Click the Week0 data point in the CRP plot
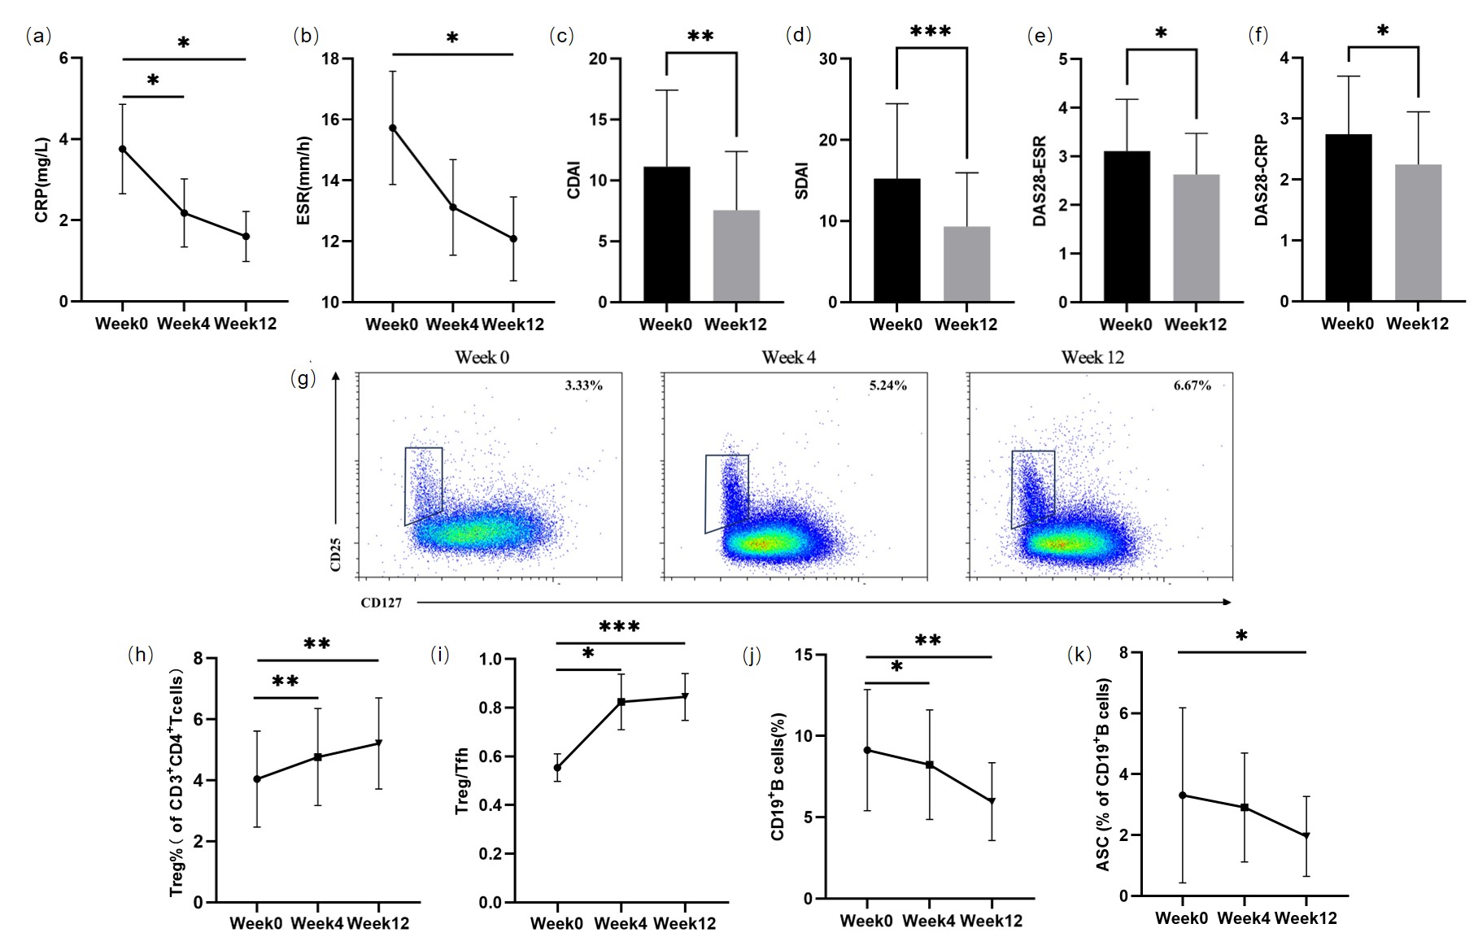(123, 149)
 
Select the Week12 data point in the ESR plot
(514, 238)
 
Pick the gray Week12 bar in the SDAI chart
(966, 264)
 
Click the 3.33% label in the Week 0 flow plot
(583, 386)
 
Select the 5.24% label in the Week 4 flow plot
(887, 386)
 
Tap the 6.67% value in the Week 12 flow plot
(1192, 386)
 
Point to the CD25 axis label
(336, 555)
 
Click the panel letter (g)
(303, 379)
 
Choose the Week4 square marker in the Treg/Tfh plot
(621, 701)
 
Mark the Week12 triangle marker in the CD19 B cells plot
(992, 801)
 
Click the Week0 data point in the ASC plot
(1182, 795)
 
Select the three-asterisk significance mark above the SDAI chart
(931, 32)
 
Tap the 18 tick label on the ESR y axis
(330, 59)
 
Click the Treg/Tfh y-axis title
(463, 782)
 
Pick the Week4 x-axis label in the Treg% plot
(317, 923)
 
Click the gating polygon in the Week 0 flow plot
(424, 485)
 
